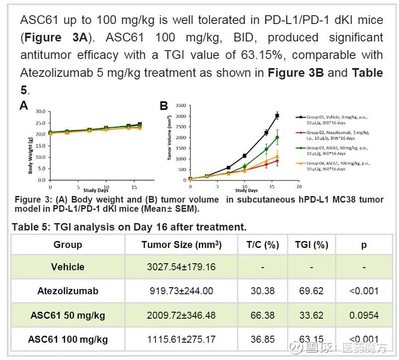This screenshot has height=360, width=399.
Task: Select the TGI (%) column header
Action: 311,245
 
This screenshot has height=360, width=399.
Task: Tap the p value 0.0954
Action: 364,316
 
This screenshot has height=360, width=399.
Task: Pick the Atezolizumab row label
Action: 68,291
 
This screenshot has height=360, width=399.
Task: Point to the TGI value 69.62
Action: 311,291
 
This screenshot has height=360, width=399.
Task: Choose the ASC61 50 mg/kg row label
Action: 68,316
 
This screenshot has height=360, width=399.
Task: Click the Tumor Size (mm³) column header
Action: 181,245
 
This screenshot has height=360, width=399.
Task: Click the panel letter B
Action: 163,106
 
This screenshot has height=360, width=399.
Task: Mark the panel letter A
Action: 23,105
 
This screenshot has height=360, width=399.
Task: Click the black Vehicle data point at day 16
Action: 277,116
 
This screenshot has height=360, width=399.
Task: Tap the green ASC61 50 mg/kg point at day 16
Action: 277,138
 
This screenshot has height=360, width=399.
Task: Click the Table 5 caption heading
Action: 129,227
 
